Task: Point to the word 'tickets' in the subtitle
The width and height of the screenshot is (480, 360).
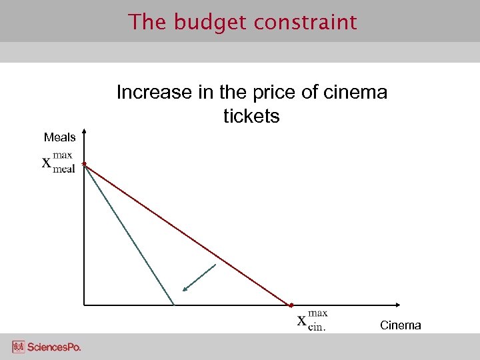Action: [251, 117]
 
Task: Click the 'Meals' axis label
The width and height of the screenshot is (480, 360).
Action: [59, 137]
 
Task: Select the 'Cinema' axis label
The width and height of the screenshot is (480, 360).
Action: [400, 325]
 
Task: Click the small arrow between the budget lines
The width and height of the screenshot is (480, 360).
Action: [199, 278]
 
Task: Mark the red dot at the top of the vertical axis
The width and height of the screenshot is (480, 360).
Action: [84, 163]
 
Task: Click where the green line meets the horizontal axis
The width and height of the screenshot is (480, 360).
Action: [173, 305]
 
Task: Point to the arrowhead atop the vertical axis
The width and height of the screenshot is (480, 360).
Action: [84, 131]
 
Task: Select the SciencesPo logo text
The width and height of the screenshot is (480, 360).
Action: [54, 347]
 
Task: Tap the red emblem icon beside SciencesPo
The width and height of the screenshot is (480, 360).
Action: [18, 347]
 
